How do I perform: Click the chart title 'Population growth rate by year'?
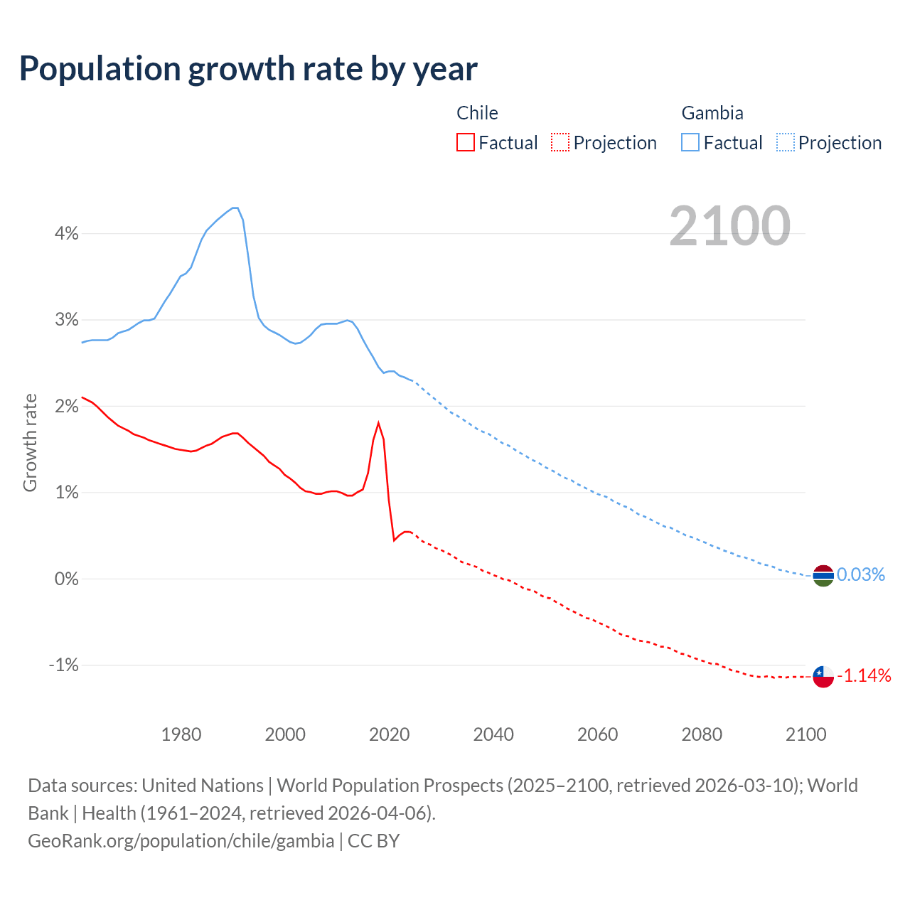coord(248,69)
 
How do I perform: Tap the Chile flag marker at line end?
coord(823,676)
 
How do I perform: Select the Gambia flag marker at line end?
coord(823,575)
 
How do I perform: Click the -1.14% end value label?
coord(864,676)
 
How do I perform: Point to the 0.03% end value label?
coord(860,574)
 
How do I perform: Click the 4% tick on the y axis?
coord(67,233)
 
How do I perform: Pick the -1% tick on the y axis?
coord(63,665)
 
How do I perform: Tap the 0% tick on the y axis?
coord(66,579)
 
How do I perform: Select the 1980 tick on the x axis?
coord(181,734)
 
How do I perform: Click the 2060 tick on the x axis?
coord(597,734)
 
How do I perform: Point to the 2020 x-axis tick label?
coord(390,734)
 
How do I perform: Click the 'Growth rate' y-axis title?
coord(30,442)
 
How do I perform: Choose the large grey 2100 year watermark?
coord(729,226)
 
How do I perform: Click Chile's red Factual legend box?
coord(466,143)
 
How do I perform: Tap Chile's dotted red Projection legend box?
coord(560,143)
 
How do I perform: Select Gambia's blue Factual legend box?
coord(690,143)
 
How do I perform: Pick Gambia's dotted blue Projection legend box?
coord(785,143)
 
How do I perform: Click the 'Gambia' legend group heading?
coord(712,113)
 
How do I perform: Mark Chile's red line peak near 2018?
coord(378,424)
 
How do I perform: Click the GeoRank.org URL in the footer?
coord(181,841)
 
